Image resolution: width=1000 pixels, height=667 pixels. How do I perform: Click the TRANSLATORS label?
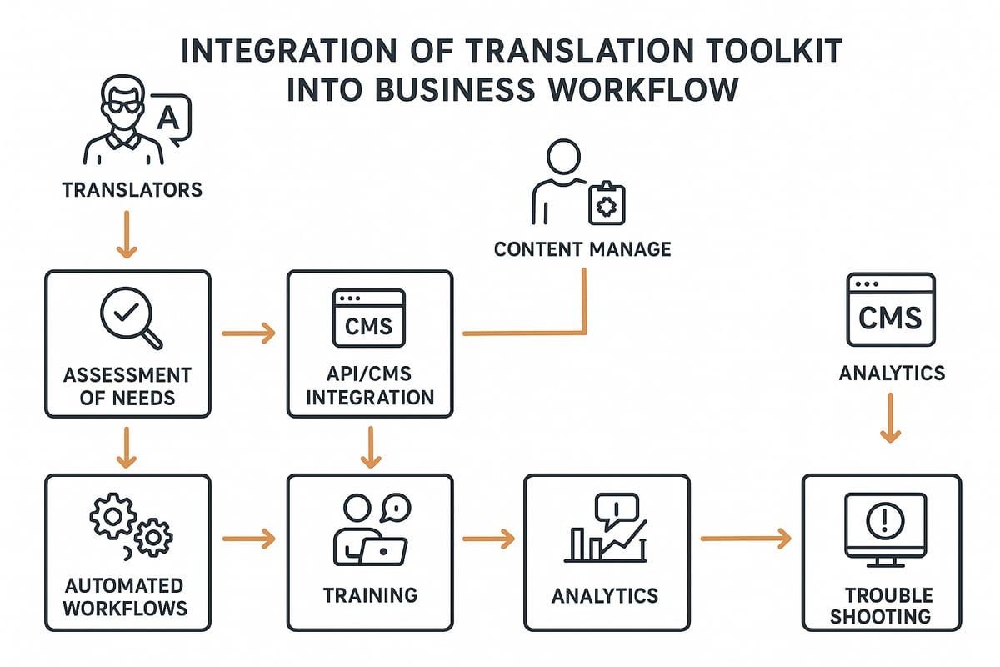(x=132, y=190)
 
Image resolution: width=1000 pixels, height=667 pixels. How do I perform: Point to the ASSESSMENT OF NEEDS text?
(x=127, y=385)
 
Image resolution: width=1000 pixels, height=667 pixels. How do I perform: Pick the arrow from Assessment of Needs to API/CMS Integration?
(x=248, y=334)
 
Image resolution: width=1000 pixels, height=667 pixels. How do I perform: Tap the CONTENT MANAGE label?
(x=582, y=249)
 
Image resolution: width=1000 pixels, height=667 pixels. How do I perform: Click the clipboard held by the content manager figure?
(x=606, y=203)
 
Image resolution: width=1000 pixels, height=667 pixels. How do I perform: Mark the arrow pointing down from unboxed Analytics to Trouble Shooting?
(x=890, y=418)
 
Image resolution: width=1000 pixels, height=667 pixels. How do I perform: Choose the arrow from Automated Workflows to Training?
(x=248, y=539)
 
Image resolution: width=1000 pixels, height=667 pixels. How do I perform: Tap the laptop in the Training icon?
(x=387, y=551)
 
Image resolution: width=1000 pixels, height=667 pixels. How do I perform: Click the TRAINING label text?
(x=370, y=595)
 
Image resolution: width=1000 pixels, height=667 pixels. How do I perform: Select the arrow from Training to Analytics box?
(x=488, y=539)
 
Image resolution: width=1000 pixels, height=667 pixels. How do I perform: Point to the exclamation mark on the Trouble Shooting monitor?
(x=881, y=521)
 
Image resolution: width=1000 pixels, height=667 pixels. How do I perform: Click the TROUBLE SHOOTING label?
(x=888, y=606)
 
